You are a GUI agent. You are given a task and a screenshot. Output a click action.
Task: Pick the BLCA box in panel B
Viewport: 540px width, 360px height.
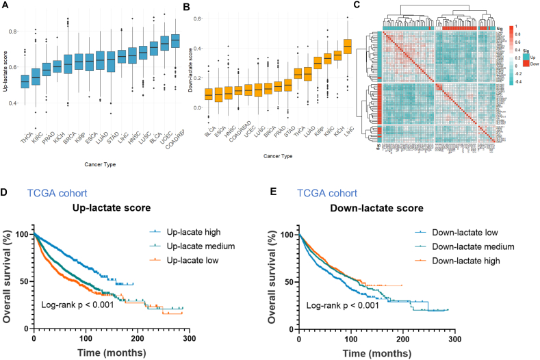click(x=208, y=94)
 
